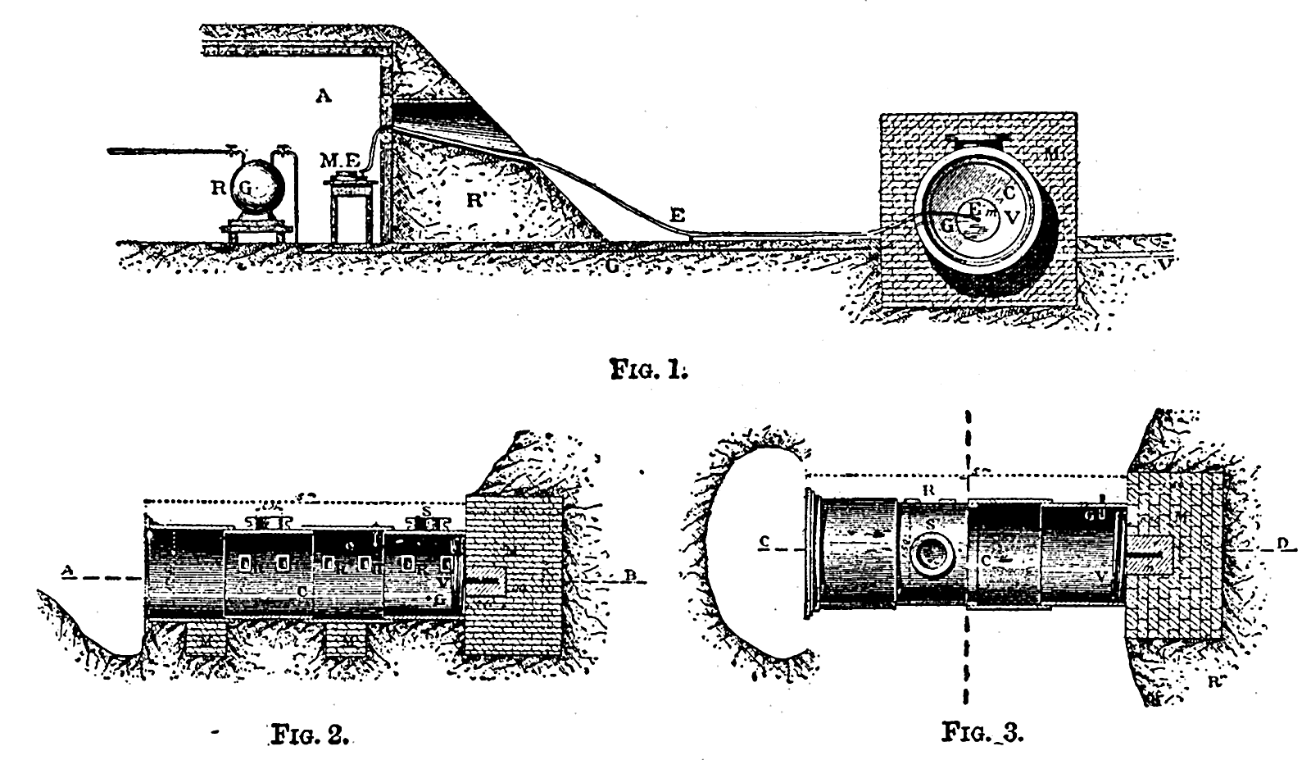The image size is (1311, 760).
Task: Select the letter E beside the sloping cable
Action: [677, 215]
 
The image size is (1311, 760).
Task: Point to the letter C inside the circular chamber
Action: [1009, 193]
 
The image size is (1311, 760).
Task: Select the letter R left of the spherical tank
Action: [219, 188]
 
